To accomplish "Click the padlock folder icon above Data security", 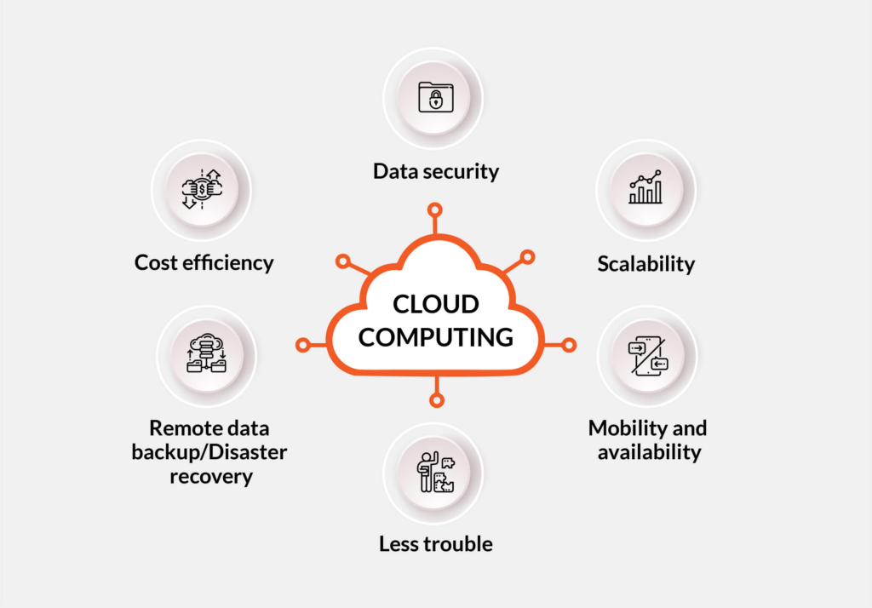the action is tap(435, 97).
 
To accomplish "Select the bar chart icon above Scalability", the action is tap(645, 186).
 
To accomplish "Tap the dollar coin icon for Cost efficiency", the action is tap(202, 189).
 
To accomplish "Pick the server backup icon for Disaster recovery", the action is tap(206, 353).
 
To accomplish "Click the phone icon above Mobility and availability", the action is tap(648, 356).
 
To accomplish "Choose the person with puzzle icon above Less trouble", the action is tap(435, 472).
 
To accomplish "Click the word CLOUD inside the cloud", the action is tap(435, 304).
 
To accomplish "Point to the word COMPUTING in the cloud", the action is tap(435, 337).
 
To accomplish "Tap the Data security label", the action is tap(436, 171).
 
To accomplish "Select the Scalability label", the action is tap(646, 264).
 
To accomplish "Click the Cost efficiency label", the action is tap(204, 262).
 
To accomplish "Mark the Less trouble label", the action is tap(436, 543).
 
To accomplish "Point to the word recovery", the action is tap(211, 477).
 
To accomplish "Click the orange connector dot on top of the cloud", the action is tap(435, 210).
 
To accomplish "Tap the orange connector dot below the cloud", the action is tap(437, 400).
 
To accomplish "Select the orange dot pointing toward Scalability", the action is tap(527, 257).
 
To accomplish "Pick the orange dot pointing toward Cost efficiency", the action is tap(343, 261).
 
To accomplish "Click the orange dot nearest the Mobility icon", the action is tap(568, 346).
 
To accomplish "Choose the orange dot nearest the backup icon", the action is tap(303, 346).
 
